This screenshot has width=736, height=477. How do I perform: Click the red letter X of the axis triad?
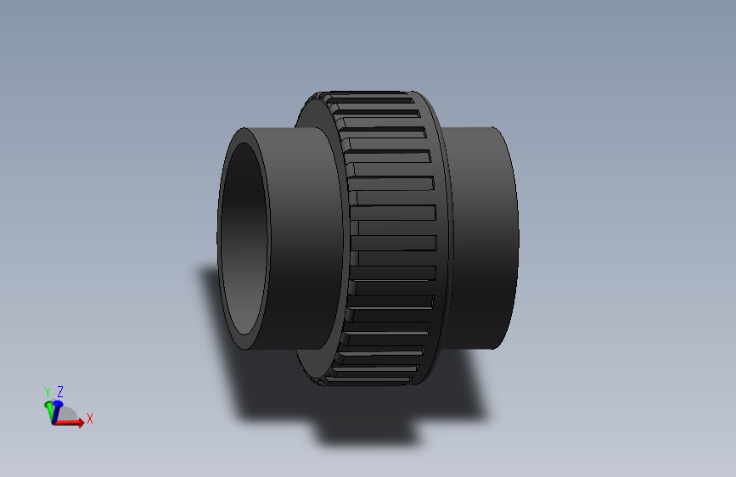[89, 418]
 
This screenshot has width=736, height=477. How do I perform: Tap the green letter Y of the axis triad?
[48, 392]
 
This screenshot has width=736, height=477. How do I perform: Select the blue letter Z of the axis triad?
[60, 391]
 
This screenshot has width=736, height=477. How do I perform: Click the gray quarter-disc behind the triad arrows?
[69, 417]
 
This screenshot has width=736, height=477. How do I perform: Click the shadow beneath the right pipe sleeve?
[463, 382]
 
